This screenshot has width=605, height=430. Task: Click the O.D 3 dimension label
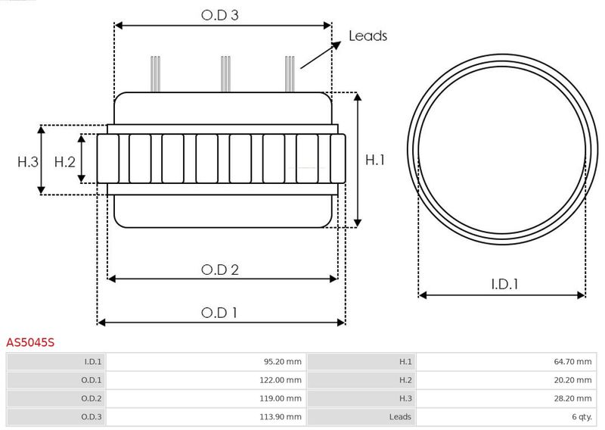pos(220,15)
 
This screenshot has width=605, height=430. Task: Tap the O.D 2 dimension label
pos(220,270)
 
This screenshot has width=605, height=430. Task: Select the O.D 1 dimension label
pos(219,313)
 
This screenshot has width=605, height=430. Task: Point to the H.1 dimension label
pos(375,160)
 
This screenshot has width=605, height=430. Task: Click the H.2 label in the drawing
pos(65,162)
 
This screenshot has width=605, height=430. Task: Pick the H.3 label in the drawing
pos(28,162)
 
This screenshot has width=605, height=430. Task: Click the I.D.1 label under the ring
pos(505,285)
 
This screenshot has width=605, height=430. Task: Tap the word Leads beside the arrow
pos(368,36)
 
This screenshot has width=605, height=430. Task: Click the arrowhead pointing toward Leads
pos(337,45)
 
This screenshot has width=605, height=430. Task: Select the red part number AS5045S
pos(30,342)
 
